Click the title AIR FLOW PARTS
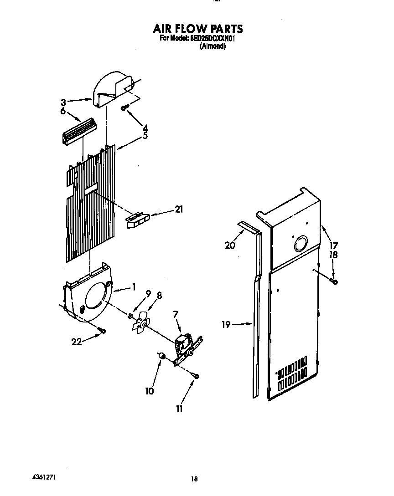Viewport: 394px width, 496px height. (198, 29)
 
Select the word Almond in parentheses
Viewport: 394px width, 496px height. (213, 46)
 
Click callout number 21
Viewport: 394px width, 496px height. (178, 209)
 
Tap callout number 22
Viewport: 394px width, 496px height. (77, 342)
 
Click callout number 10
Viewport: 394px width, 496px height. (150, 390)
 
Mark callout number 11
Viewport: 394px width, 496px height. (180, 409)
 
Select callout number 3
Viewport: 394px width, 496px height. (63, 102)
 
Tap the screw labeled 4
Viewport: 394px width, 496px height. (124, 108)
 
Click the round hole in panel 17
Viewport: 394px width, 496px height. (301, 244)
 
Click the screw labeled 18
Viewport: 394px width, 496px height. (334, 282)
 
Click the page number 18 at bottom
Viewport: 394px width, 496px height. (194, 479)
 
